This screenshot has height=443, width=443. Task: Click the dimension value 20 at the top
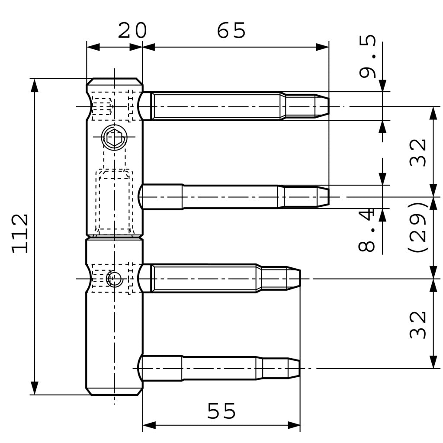(x=132, y=31)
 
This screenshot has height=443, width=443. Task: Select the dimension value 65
(x=231, y=31)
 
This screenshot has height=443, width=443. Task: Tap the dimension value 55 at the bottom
(x=221, y=411)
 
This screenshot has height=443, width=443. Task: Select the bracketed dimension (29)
(x=418, y=227)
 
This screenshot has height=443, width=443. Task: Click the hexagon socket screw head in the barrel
(x=114, y=138)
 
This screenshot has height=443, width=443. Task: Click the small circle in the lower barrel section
(x=115, y=279)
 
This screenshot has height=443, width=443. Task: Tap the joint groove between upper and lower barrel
(x=115, y=237)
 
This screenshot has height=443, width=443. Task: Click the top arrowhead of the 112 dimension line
(x=35, y=84)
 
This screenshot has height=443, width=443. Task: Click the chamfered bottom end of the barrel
(x=115, y=391)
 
